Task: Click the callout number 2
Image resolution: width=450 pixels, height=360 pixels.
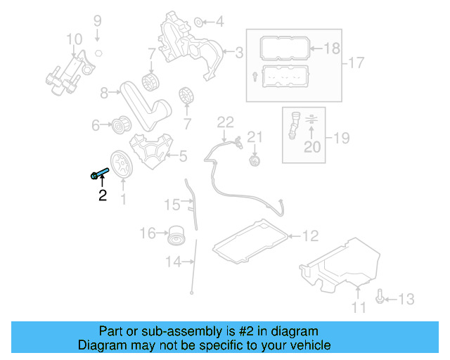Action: (x=103, y=196)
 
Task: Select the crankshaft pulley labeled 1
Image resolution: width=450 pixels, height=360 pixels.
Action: (x=122, y=165)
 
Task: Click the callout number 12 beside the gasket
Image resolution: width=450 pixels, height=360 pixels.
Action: (x=311, y=236)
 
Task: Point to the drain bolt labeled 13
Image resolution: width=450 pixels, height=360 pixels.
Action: (x=380, y=297)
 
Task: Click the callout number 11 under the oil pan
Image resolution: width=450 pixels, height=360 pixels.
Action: (x=359, y=308)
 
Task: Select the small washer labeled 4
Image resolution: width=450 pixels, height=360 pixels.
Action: (x=198, y=21)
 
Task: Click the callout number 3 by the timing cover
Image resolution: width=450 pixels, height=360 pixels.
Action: (x=239, y=51)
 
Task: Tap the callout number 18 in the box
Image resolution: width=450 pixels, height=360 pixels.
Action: (x=332, y=48)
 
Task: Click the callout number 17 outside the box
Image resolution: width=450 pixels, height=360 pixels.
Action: (x=356, y=63)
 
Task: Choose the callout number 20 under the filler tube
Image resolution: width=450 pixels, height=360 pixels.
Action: (x=311, y=146)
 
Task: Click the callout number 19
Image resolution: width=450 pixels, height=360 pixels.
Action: (x=341, y=138)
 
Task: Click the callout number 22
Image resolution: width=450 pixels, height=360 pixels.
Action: (x=225, y=122)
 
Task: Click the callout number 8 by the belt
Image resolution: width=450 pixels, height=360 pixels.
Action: (x=105, y=92)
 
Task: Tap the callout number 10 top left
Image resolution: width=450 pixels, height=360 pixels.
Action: (x=75, y=39)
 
